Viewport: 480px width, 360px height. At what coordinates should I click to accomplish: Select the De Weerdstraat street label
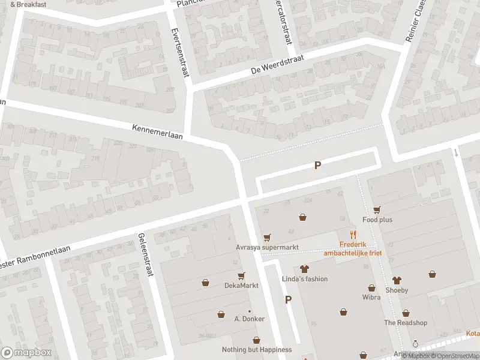(x=278, y=64)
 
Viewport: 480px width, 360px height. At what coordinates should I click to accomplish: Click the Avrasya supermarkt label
(x=266, y=247)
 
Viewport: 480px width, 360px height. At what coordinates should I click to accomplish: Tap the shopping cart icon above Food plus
(x=377, y=209)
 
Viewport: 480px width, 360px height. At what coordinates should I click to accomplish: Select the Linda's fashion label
(x=305, y=279)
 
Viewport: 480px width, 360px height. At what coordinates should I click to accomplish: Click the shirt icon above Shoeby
(x=396, y=280)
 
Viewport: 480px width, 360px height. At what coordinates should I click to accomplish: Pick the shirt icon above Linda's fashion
(x=304, y=269)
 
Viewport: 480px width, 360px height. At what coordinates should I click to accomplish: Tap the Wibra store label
(x=371, y=297)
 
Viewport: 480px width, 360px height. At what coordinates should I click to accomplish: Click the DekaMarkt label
(x=241, y=286)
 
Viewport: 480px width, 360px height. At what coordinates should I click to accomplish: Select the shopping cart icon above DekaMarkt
(x=241, y=276)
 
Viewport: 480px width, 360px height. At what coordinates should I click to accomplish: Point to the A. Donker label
(x=250, y=319)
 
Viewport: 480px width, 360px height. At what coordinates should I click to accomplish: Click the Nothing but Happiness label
(x=257, y=349)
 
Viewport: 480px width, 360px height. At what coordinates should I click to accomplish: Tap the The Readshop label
(x=406, y=323)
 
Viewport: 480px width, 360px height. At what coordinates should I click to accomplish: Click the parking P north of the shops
(x=317, y=166)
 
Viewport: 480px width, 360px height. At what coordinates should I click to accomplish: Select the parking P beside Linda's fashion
(x=288, y=300)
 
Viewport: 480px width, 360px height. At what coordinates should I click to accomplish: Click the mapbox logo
(x=26, y=353)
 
